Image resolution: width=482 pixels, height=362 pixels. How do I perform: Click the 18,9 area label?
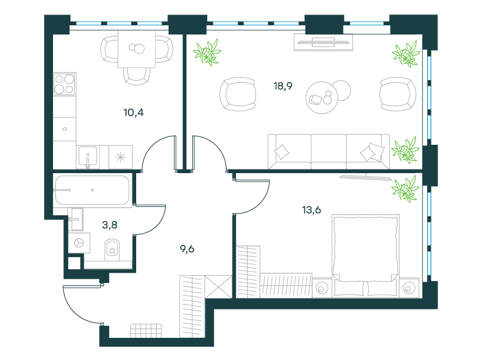tap(283, 86)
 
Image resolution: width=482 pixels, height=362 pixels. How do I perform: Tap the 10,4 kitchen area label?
tap(134, 113)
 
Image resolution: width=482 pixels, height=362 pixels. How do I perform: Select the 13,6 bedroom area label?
tap(311, 210)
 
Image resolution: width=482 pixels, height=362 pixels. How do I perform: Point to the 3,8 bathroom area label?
tap(110, 225)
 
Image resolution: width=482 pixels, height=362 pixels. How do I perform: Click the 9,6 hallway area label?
tap(187, 249)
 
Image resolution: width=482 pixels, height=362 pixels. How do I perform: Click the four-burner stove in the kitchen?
tap(64, 84)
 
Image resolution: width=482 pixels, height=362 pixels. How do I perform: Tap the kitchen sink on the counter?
tap(88, 157)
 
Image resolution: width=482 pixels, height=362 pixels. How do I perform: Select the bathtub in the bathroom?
tap(92, 190)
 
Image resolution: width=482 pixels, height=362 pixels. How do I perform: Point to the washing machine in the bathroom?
tap(80, 243)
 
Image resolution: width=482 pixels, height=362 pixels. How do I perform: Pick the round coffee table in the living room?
tap(322, 98)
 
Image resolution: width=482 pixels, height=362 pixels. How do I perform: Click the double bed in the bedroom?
tap(366, 256)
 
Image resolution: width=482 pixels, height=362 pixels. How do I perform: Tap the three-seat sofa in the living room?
tap(328, 151)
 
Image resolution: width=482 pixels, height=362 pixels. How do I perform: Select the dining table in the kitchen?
tap(137, 49)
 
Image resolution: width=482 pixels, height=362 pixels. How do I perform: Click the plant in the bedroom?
tap(405, 189)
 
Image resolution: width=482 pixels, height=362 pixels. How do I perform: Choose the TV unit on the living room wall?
tap(324, 42)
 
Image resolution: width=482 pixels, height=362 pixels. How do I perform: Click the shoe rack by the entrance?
tap(146, 331)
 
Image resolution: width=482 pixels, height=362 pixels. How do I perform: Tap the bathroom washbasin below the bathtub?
tap(77, 219)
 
